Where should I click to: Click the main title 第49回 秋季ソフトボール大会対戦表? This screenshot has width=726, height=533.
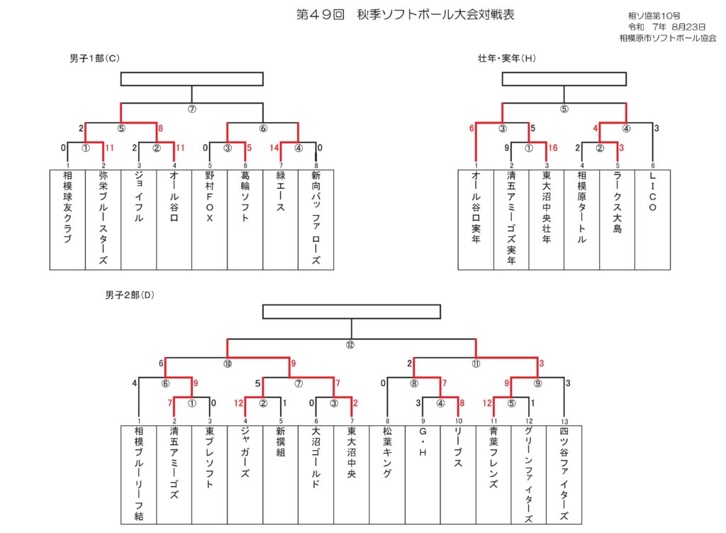pos(405,14)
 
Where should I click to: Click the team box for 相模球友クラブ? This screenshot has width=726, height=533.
pos(67,219)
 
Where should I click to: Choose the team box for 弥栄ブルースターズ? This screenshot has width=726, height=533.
pos(103,219)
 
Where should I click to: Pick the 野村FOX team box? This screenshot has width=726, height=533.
pos(209,219)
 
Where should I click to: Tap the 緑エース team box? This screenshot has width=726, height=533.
pos(281,219)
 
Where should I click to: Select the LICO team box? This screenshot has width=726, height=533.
pos(652,219)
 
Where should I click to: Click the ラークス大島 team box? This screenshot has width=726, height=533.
pos(617,219)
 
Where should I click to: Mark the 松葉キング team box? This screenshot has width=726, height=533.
pos(388,474)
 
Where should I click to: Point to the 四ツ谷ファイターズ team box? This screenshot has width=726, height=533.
pos(564,474)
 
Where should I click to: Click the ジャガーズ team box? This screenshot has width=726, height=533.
pos(245,474)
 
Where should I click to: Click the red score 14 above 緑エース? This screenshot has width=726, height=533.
pos(273,148)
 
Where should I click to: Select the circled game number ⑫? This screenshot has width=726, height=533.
pos(350,346)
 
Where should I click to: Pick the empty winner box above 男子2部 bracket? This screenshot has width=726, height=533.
pos(352,312)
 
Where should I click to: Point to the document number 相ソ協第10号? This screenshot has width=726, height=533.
pos(653,15)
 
